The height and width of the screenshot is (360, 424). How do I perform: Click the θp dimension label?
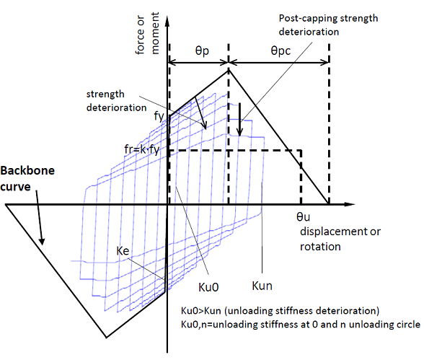[202, 51]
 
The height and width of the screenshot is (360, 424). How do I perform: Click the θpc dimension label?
[281, 51]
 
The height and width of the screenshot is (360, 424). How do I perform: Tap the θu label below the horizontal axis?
[303, 217]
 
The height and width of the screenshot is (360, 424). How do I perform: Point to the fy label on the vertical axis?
[159, 116]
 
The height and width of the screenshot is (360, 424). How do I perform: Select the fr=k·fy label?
[141, 149]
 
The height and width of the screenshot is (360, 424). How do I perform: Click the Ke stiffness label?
[123, 251]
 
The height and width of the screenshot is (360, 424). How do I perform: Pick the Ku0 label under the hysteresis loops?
[208, 287]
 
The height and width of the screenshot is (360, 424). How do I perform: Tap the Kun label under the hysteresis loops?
[262, 286]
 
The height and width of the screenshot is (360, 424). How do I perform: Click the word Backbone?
[27, 171]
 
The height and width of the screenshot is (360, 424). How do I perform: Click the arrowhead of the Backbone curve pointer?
[42, 242]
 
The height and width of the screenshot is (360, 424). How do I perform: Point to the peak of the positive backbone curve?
[229, 70]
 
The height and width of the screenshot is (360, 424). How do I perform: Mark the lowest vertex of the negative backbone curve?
[106, 338]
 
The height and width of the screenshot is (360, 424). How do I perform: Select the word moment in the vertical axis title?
[155, 33]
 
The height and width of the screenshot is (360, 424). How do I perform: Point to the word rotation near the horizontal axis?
[320, 247]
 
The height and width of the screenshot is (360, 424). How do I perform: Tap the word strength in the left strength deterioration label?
[105, 95]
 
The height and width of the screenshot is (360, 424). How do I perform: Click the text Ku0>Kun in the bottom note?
[201, 311]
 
